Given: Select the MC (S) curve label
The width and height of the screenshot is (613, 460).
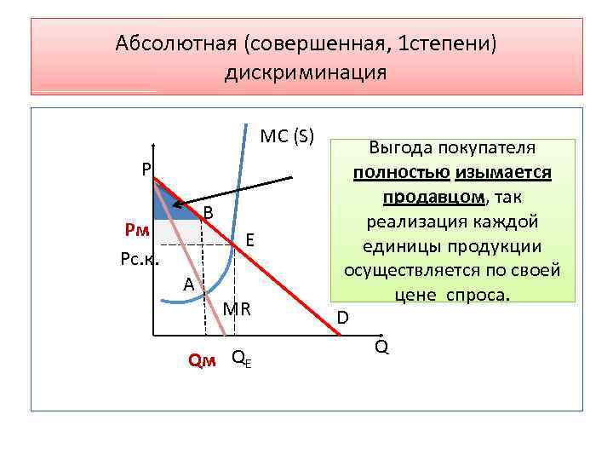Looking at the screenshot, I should (x=287, y=136).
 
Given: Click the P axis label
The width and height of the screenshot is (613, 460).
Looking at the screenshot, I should (x=146, y=170).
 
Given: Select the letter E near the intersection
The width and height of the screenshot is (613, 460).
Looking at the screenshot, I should (x=251, y=240).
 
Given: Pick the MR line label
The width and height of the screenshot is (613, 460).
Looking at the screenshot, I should (x=238, y=308).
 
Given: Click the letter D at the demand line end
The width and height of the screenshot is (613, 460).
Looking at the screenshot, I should (x=342, y=318).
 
